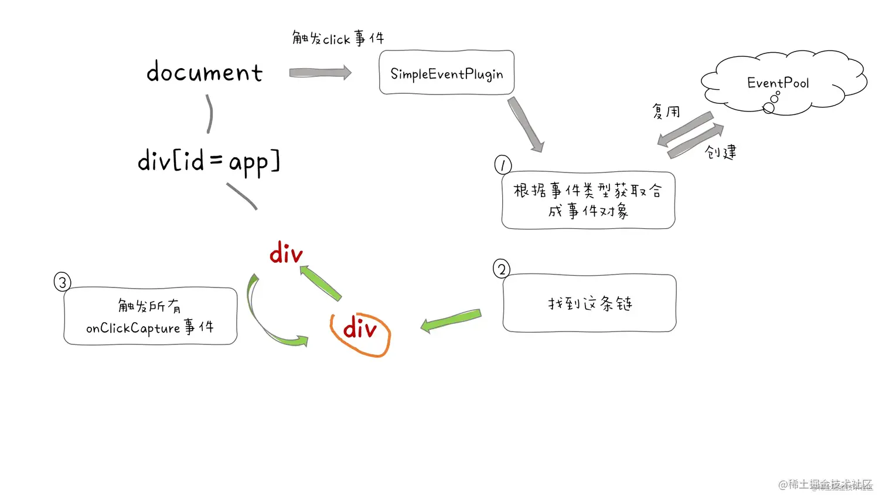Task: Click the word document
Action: pos(205,72)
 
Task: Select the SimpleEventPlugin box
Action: pos(447,73)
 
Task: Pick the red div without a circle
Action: pos(286,253)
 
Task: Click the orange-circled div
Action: pos(360,330)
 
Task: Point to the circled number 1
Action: pos(503,165)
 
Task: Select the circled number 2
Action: pos(502,269)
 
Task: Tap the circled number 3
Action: pos(62,282)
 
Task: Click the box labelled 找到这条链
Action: pos(589,303)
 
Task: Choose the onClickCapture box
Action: pos(150,316)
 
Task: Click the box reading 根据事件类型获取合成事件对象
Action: pos(588,201)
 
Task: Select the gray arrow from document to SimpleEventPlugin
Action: pos(320,73)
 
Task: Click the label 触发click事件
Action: pos(338,39)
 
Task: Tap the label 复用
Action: pos(666,111)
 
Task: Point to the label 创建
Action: pos(721,153)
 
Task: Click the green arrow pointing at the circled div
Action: pos(451,320)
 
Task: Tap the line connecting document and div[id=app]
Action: pos(209,114)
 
